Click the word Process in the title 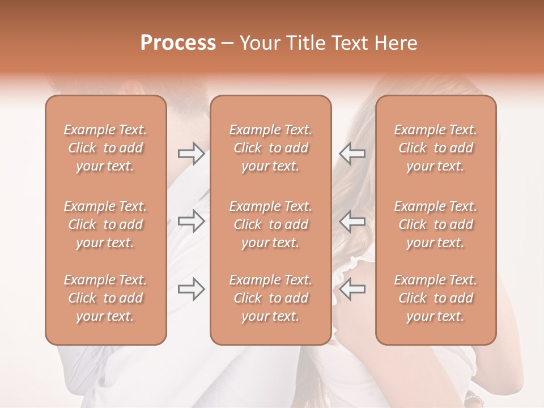pyautogui.click(x=178, y=43)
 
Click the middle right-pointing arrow pyautogui.click(x=191, y=222)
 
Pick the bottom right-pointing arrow pyautogui.click(x=191, y=290)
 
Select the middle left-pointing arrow pyautogui.click(x=352, y=222)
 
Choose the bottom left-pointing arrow pyautogui.click(x=352, y=290)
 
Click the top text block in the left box pyautogui.click(x=105, y=148)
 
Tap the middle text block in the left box pyautogui.click(x=105, y=224)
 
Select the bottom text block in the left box pyautogui.click(x=105, y=298)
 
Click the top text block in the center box pyautogui.click(x=271, y=148)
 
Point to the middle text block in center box pyautogui.click(x=271, y=224)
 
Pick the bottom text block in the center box pyautogui.click(x=271, y=298)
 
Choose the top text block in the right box pyautogui.click(x=436, y=148)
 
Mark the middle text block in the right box pyautogui.click(x=436, y=224)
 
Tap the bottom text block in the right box pyautogui.click(x=436, y=298)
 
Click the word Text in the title pyautogui.click(x=352, y=43)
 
